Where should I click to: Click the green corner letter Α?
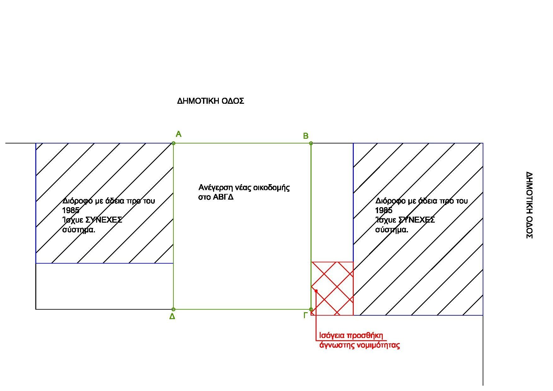coord(178,135)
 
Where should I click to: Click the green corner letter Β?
coord(305,136)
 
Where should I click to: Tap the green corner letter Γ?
coord(305,315)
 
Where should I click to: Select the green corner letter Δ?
coord(172,317)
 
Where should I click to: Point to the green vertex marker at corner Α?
coord(173,143)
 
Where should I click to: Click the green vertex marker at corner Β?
coord(311,143)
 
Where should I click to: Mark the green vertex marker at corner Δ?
coord(173,309)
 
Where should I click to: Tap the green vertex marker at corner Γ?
coord(311,309)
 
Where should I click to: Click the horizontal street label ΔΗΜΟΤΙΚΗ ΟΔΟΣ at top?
coord(211,101)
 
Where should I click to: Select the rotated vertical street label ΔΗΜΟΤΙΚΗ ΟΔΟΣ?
coord(529,205)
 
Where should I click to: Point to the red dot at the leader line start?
coord(316,291)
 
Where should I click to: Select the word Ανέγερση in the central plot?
coord(215,188)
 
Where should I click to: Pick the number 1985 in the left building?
coord(71,210)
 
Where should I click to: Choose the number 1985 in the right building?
coord(383,210)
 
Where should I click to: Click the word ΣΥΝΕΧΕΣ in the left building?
coord(104,220)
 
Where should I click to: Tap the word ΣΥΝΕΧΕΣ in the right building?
coord(416,220)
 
